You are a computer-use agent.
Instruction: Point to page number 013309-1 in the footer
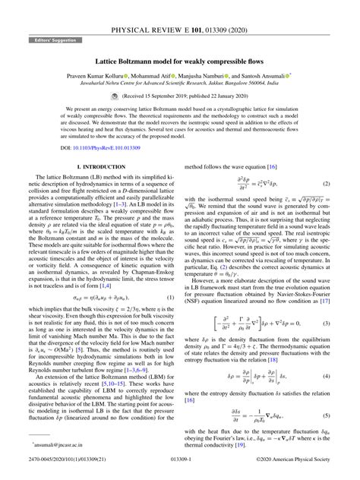click(x=180, y=470)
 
